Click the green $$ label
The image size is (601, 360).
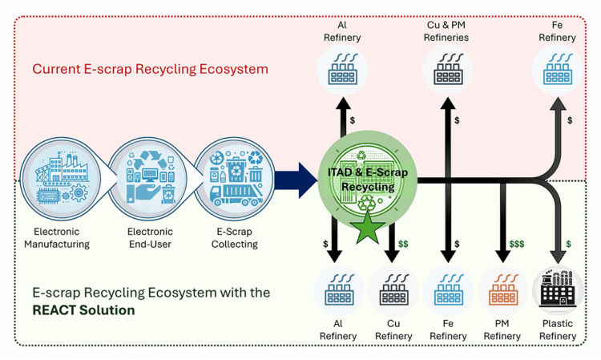[403, 244]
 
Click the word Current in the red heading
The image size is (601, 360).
[56, 68]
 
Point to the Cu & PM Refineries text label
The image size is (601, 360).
[447, 30]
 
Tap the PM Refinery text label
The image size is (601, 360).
[502, 330]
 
